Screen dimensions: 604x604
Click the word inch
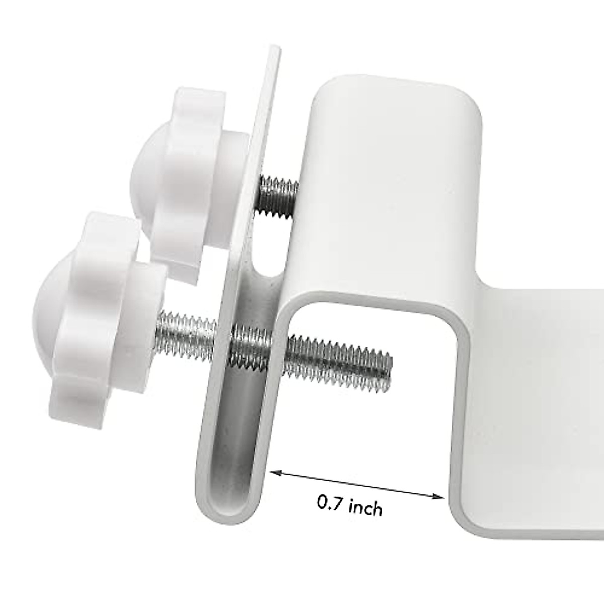(365, 507)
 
